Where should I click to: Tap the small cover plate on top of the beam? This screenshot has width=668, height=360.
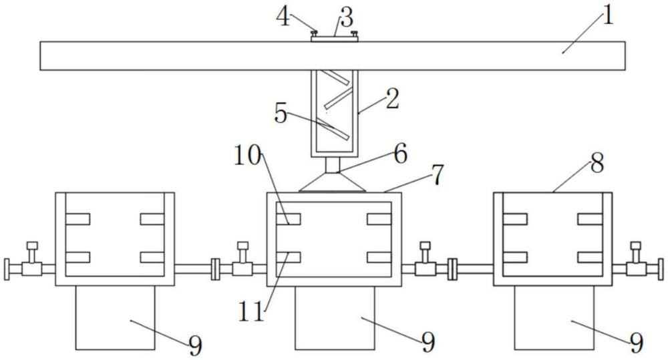pyautogui.click(x=335, y=39)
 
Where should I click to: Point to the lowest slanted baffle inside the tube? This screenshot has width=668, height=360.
pyautogui.click(x=336, y=132)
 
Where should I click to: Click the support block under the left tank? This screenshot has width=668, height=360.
pyautogui.click(x=115, y=317)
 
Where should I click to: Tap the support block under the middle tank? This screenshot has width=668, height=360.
pyautogui.click(x=335, y=317)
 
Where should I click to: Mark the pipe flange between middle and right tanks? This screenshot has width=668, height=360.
pyautogui.click(x=452, y=268)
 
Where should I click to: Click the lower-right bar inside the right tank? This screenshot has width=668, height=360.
pyautogui.click(x=591, y=256)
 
